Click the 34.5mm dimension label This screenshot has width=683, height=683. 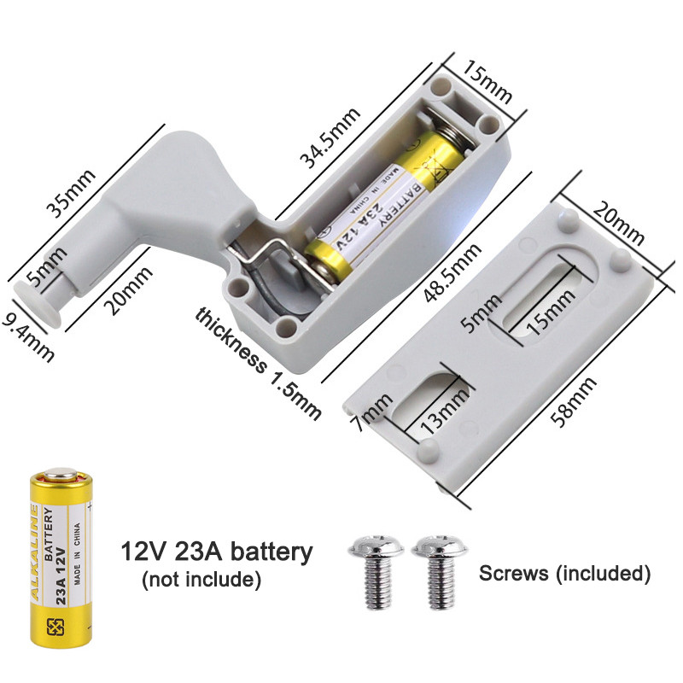tap(330, 137)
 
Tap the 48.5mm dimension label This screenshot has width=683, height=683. tap(453, 272)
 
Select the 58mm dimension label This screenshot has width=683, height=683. tap(573, 402)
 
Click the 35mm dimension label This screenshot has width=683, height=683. tap(71, 193)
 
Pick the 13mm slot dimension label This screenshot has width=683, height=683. tap(444, 411)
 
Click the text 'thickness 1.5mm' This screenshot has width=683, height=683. tap(259, 364)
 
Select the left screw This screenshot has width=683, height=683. tap(377, 570)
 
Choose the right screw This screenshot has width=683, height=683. tap(440, 570)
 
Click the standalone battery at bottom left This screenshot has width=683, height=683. tap(61, 557)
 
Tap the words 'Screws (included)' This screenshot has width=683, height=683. tap(565, 573)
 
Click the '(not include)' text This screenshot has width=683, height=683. tap(201, 580)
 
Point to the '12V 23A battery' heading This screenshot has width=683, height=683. tap(217, 551)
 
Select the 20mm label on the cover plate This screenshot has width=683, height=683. tap(618, 224)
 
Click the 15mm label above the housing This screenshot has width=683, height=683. tap(487, 81)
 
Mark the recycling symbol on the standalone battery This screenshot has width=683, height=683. tap(55, 628)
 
